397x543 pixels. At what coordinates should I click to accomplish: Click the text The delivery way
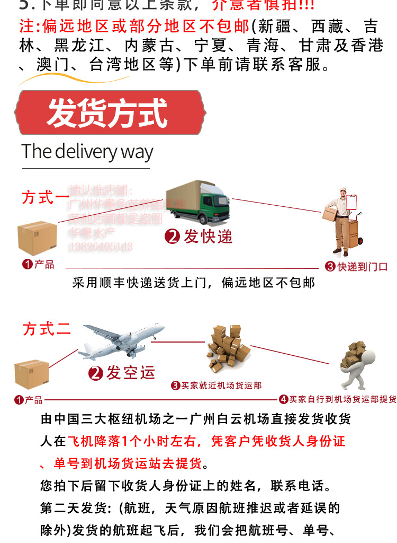[87, 152]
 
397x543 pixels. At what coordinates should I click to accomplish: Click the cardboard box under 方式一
[37, 238]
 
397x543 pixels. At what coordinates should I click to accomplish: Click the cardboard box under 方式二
[32, 374]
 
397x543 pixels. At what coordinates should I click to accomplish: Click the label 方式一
[46, 197]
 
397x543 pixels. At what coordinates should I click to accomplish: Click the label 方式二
[47, 329]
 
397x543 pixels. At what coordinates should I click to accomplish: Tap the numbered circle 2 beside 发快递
[173, 237]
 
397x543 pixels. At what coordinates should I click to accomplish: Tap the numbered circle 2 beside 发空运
[96, 373]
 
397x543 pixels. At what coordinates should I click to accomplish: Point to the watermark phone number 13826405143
[101, 247]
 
